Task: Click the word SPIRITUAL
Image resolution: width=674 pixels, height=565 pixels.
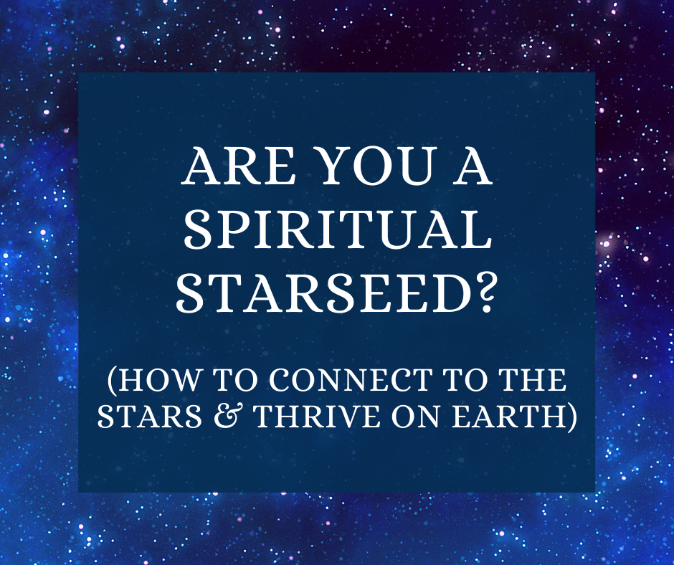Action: click(x=338, y=230)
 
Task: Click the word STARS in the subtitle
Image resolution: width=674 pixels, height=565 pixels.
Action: click(x=150, y=416)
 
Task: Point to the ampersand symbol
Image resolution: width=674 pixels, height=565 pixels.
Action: click(x=228, y=416)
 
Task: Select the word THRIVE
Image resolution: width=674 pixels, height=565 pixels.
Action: click(x=317, y=416)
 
